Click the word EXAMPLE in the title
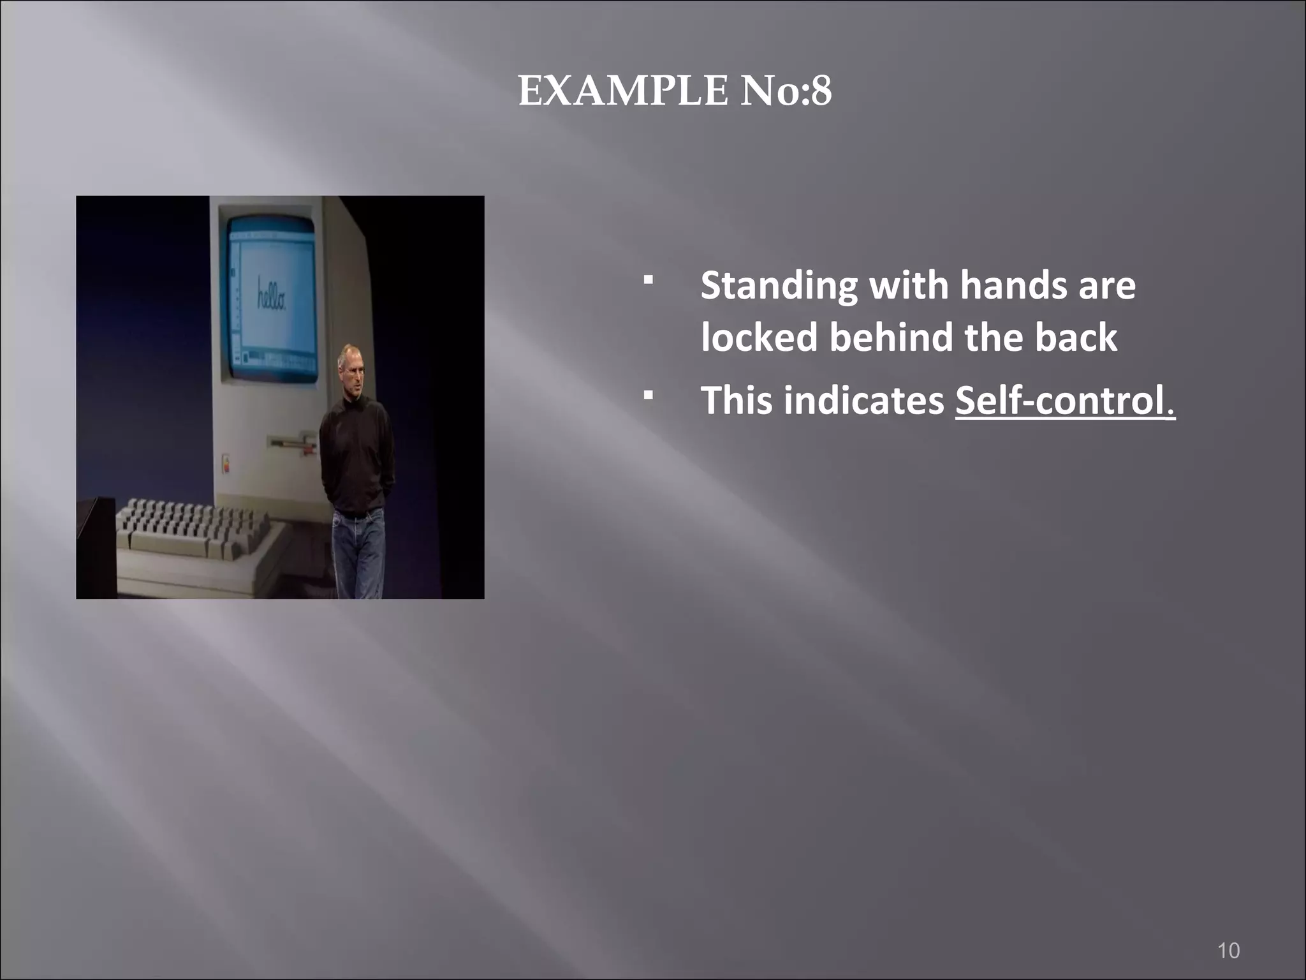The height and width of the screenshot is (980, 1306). click(x=622, y=91)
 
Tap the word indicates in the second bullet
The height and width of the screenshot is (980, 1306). click(x=863, y=401)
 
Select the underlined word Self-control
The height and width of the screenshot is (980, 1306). click(x=1064, y=401)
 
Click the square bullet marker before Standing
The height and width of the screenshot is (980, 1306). click(x=648, y=280)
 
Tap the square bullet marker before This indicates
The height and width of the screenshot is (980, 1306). click(x=648, y=396)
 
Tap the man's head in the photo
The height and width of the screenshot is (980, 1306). click(x=350, y=367)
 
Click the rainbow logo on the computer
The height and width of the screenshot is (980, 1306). click(x=225, y=464)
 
